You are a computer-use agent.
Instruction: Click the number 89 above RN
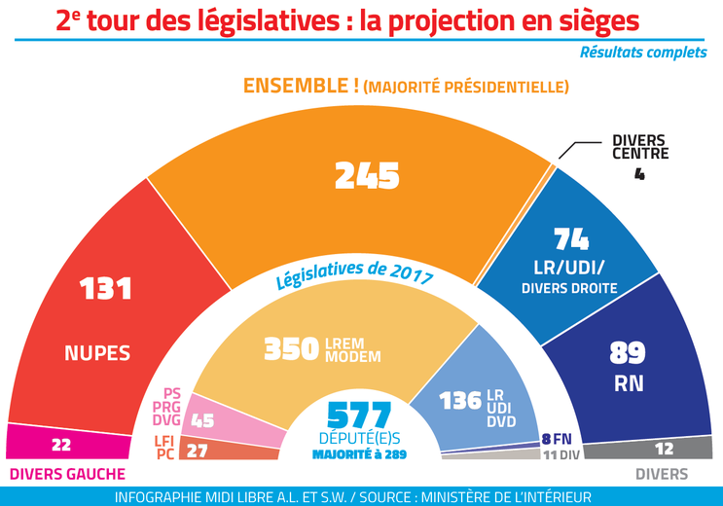click(627, 352)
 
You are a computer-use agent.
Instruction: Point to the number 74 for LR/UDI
click(572, 239)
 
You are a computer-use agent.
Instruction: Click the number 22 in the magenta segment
click(62, 444)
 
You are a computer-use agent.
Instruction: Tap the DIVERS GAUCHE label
click(67, 474)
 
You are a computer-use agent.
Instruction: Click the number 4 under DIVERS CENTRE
click(639, 175)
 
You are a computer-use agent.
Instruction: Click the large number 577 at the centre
click(359, 415)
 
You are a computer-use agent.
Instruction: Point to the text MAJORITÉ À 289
click(360, 453)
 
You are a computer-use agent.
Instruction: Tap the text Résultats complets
click(643, 53)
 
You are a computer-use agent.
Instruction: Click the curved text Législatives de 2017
click(354, 279)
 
